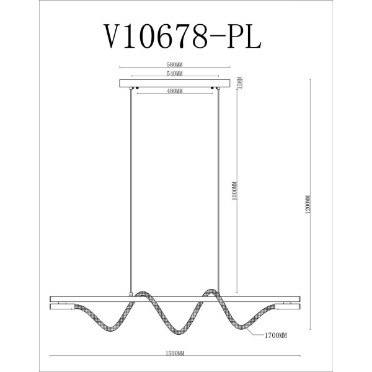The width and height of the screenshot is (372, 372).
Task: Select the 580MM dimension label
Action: tap(174, 64)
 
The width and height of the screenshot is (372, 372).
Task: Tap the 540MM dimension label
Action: tap(174, 74)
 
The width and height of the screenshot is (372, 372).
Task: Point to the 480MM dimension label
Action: tap(174, 92)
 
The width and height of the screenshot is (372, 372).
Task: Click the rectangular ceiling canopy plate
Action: tap(174, 83)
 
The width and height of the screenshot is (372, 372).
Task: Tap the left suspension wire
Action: tap(131, 186)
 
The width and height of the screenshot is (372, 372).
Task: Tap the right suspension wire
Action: tap(218, 186)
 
